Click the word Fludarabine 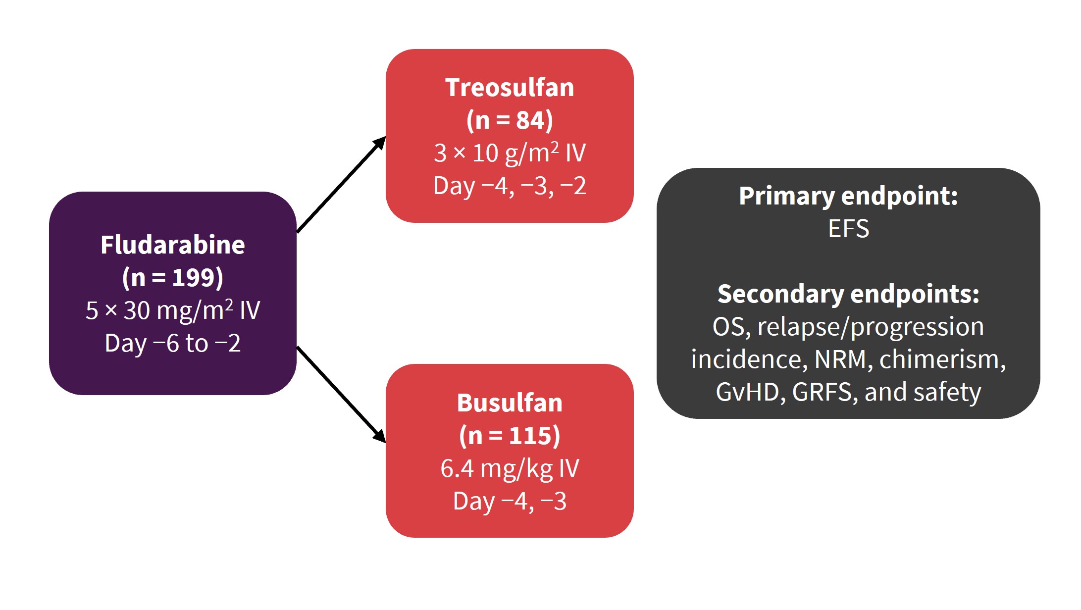point(173,245)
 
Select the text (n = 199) point(173,277)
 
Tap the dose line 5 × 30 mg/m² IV point(173,310)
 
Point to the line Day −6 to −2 point(173,343)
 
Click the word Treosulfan point(510,88)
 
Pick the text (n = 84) point(510,120)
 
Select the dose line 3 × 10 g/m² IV point(510,153)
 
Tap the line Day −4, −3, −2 point(510,186)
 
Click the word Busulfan point(510,403)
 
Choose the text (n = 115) point(510,436)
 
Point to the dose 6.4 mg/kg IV point(510,468)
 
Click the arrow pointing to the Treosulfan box point(341,185)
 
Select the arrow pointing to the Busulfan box point(341,395)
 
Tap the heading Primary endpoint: point(848,196)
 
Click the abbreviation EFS point(848,229)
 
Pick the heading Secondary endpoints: point(848,294)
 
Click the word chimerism point(942,359)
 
